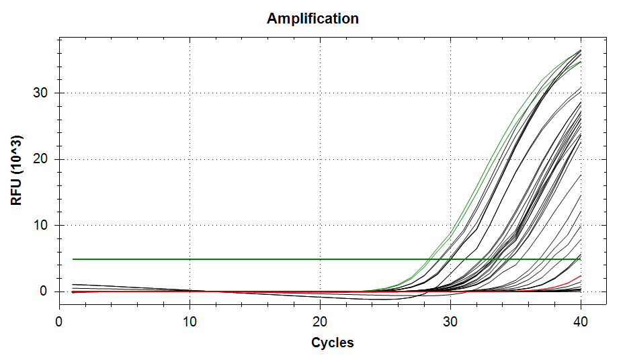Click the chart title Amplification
(x=312, y=19)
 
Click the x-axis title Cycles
(x=332, y=343)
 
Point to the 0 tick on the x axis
(x=59, y=322)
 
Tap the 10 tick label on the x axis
(x=190, y=322)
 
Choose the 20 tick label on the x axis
(x=320, y=322)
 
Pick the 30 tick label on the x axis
(x=450, y=322)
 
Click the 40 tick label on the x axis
(x=581, y=322)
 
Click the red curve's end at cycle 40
(x=581, y=276)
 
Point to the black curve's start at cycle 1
(x=73, y=285)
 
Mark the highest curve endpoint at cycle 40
(x=581, y=50)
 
